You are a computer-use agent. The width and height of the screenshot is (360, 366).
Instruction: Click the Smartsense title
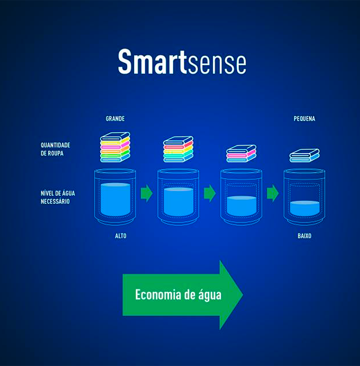(x=182, y=62)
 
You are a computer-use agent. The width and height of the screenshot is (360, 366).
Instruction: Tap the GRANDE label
(x=115, y=119)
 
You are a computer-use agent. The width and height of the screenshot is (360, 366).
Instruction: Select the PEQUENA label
(x=304, y=119)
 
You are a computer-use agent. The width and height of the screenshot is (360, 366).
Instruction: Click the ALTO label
(x=121, y=236)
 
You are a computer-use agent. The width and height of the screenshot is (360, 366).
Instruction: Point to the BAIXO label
(x=304, y=236)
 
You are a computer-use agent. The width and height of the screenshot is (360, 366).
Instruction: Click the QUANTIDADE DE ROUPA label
(x=55, y=149)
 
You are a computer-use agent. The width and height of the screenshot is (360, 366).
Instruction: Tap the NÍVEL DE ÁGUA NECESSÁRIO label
(x=58, y=197)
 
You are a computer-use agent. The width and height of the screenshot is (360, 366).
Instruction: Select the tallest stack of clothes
(x=115, y=147)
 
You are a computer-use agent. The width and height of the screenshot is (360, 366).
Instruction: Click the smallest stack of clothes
(x=304, y=156)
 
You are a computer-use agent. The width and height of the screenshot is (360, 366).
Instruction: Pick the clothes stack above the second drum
(x=178, y=149)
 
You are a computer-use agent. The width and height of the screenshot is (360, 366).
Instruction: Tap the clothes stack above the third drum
(x=241, y=153)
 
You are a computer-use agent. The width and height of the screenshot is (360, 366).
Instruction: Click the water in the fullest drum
(x=115, y=200)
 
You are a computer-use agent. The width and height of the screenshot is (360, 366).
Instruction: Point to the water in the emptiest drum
(x=305, y=208)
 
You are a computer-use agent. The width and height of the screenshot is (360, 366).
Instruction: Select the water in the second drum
(x=179, y=202)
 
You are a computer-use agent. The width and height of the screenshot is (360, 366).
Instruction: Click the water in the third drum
(x=242, y=206)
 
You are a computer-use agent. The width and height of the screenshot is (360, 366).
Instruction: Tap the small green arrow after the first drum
(x=147, y=193)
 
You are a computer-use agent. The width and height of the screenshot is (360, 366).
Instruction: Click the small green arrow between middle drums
(x=210, y=193)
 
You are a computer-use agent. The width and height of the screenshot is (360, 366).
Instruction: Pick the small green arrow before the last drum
(x=273, y=193)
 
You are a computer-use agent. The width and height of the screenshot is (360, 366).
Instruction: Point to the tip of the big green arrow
(x=243, y=295)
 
